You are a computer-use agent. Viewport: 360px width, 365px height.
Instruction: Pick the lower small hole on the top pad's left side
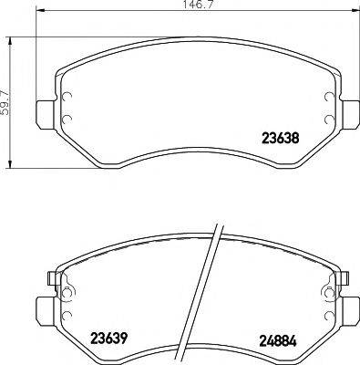pos(67,120)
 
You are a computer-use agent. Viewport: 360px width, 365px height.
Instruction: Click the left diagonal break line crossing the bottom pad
pos(206,292)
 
